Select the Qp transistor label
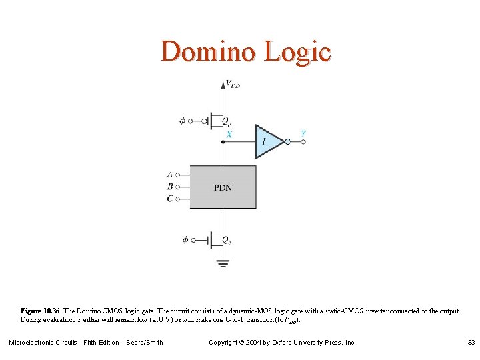coord(227,122)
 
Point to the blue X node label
coord(229,134)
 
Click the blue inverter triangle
coord(268,141)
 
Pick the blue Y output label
coord(303,133)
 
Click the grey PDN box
coord(223,187)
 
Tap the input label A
coord(170,175)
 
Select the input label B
coord(170,187)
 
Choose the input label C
coord(170,199)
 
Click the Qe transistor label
coord(227,240)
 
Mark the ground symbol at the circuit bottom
coord(223,263)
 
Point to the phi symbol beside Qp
coord(183,121)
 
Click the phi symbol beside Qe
coord(185,239)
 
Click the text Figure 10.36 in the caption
coord(40,311)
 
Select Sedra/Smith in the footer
coord(145,343)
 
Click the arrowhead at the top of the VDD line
coord(223,84)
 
